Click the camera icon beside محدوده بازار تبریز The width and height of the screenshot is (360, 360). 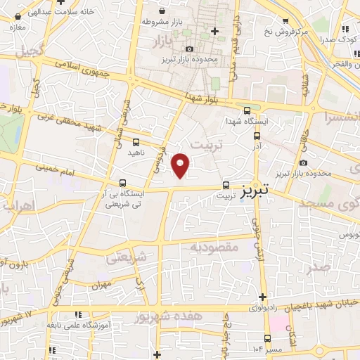tap(191, 49)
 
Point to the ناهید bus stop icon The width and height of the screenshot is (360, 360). tap(136, 142)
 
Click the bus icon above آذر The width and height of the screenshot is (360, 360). tap(257, 136)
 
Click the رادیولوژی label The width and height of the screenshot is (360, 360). tap(271, 307)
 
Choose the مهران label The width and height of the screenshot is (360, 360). tap(101, 285)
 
